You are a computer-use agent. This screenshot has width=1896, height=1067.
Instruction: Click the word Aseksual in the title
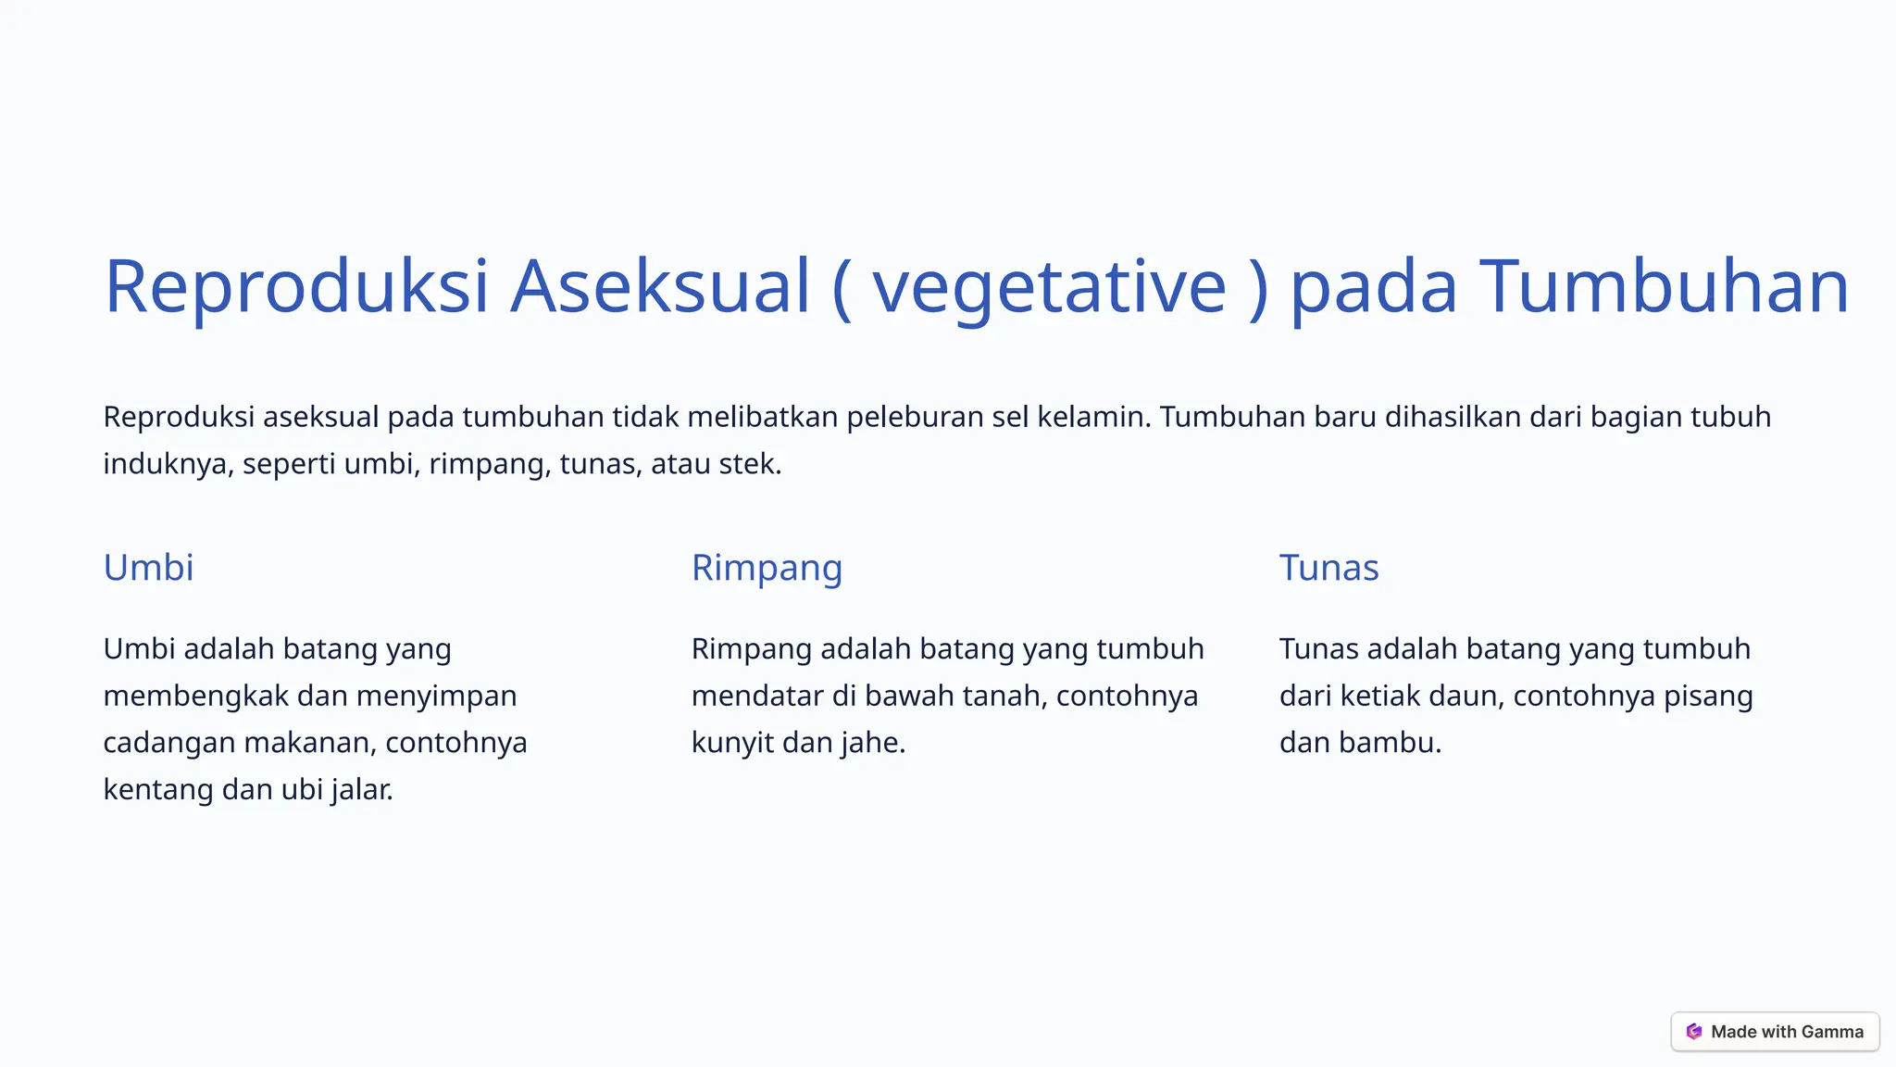(x=660, y=286)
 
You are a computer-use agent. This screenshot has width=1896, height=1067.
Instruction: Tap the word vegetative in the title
(x=1049, y=288)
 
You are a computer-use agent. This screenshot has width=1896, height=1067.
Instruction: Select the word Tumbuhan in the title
(x=1664, y=286)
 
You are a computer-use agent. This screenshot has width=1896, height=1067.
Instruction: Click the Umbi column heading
(x=148, y=568)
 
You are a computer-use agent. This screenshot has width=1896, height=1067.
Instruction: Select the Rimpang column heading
(x=767, y=568)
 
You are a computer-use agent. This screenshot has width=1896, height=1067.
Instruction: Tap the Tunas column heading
(x=1328, y=568)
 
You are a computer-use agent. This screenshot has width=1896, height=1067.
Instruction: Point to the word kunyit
(x=732, y=743)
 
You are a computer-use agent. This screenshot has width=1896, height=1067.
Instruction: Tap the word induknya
(x=165, y=463)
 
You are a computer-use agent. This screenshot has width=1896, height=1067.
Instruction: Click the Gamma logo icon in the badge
(x=1694, y=1032)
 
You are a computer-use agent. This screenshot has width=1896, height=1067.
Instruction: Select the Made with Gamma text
(x=1787, y=1032)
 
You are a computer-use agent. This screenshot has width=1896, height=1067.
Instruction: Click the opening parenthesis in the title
(x=841, y=288)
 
